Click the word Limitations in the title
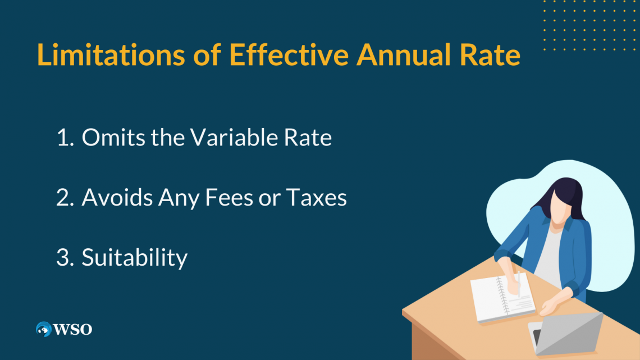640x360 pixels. click(x=111, y=54)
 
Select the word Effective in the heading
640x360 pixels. click(x=289, y=54)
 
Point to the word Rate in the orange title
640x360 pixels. click(x=490, y=54)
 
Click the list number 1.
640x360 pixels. click(x=65, y=138)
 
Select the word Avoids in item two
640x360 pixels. click(x=117, y=197)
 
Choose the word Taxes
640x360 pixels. click(x=316, y=197)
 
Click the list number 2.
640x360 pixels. click(x=65, y=198)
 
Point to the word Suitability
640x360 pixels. click(x=135, y=258)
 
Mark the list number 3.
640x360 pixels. click(x=65, y=258)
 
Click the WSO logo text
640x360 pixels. click(x=72, y=329)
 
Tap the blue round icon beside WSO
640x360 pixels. click(x=44, y=329)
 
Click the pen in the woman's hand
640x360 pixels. click(x=519, y=284)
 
